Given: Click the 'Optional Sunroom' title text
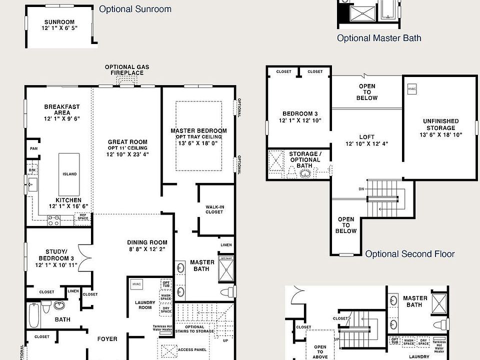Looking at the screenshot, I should click(x=135, y=9).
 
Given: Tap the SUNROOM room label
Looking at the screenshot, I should click(x=59, y=25).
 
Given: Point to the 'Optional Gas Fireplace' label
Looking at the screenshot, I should click(x=126, y=70).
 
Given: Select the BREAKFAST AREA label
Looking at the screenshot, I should click(x=62, y=112).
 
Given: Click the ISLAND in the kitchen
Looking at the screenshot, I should click(x=69, y=174).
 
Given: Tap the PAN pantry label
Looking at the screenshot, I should click(x=34, y=148).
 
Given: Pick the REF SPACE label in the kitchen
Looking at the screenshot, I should click(x=82, y=216).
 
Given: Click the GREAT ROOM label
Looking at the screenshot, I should click(x=127, y=148).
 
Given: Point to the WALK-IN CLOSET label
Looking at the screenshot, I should click(x=214, y=209).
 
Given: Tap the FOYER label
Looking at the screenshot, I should click(x=107, y=339).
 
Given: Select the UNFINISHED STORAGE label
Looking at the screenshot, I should click(x=440, y=127).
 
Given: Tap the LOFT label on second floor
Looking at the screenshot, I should click(x=366, y=140).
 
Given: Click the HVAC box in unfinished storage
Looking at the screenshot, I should click(x=412, y=89).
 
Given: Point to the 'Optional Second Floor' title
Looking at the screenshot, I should click(x=409, y=254).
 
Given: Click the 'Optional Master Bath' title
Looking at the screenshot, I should click(x=378, y=38).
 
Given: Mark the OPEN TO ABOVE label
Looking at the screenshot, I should click(x=320, y=352).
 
